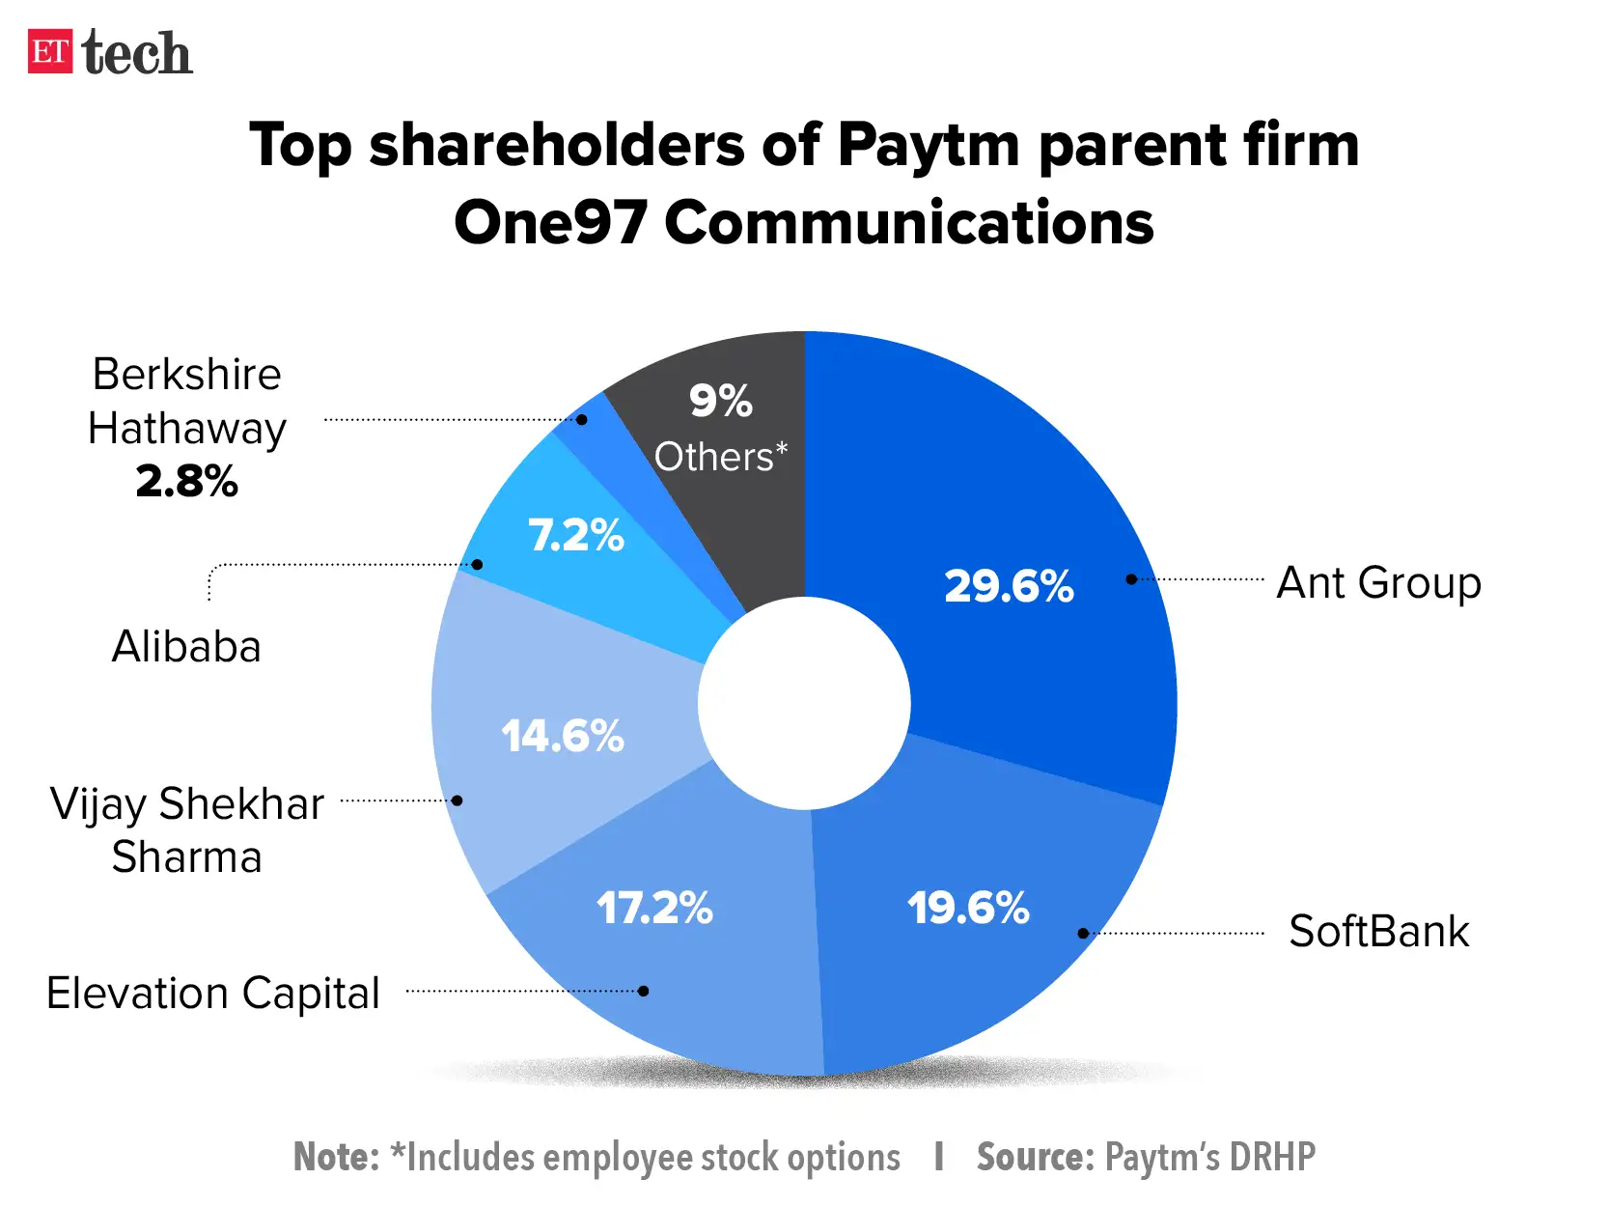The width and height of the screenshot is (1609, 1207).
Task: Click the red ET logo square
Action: point(49,51)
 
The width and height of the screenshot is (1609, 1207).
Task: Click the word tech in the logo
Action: point(137,53)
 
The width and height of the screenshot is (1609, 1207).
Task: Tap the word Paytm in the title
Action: point(928,146)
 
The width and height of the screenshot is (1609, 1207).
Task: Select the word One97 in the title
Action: point(549,222)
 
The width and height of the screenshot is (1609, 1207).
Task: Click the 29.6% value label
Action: point(1009,586)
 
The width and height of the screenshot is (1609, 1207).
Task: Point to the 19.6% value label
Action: point(968,908)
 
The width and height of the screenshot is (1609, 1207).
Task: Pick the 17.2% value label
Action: point(654,908)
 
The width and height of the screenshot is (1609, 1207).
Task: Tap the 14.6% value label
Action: point(563,736)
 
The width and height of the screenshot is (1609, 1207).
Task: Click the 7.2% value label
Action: point(576,535)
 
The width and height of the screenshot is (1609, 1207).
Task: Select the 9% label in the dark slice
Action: point(720,401)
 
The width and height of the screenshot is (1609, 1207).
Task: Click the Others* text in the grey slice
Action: point(720,457)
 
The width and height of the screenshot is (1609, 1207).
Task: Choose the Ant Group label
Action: point(1378,583)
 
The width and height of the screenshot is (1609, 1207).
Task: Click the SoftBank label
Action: point(1378,932)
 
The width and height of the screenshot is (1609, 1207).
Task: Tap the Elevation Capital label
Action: point(213,993)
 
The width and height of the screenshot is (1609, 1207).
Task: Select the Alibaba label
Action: point(186,647)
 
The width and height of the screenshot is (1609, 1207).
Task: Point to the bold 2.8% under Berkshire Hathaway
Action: point(186,481)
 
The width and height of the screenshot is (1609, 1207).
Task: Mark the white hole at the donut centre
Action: point(804,703)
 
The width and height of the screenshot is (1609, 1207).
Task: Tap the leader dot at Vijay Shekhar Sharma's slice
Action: point(458,800)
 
